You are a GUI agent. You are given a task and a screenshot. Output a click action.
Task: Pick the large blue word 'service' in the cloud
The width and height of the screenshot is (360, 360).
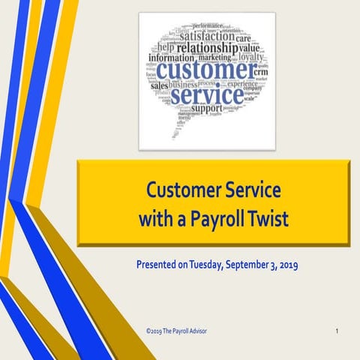point(205,95)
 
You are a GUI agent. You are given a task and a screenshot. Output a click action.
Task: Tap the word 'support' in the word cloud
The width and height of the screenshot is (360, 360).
point(206,109)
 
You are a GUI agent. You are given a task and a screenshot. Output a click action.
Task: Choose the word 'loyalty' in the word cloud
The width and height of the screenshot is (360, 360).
point(251,55)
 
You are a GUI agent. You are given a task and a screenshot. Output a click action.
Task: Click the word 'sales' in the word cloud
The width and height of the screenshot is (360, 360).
point(159,85)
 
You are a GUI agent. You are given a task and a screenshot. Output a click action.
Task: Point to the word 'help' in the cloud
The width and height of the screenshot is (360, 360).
point(166,49)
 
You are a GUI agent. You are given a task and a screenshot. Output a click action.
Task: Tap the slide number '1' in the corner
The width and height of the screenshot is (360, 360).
point(337,330)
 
